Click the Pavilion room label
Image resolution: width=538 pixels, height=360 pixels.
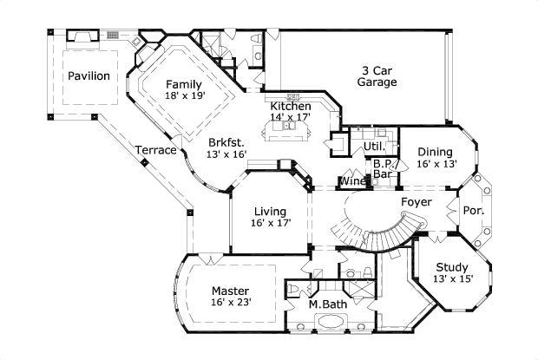click(89, 75)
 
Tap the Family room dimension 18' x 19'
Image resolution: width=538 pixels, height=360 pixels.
click(186, 95)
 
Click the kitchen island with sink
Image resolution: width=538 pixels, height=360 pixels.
click(287, 131)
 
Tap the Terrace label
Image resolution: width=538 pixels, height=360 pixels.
click(156, 150)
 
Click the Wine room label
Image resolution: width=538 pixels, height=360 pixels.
click(352, 181)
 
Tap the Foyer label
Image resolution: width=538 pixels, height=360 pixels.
click(416, 202)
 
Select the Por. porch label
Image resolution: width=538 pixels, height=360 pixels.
click(473, 211)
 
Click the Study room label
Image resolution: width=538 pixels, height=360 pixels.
click(452, 267)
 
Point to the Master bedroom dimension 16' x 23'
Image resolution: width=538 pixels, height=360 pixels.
click(230, 303)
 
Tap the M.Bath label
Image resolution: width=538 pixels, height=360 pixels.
click(327, 304)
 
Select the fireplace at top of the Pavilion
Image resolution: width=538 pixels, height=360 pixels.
click(82, 36)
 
